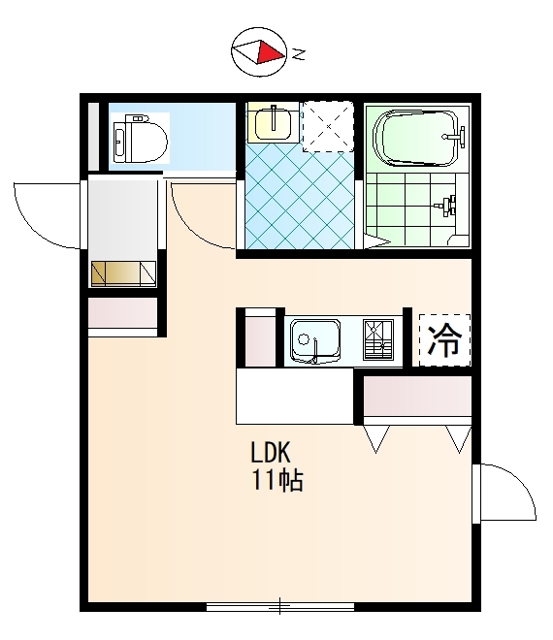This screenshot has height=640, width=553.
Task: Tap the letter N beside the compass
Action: pos(300,54)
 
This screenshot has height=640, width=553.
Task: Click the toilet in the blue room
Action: pos(140,140)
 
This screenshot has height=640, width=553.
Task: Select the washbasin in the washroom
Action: pos(273,121)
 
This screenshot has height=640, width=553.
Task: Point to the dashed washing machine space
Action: pos(328,126)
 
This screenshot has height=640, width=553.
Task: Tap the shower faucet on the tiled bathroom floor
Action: pos(446,204)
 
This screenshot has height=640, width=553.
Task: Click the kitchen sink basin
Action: pos(315,340)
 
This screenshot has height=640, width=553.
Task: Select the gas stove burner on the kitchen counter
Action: pos(378,339)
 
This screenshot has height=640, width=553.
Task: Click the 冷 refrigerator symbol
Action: pos(444,339)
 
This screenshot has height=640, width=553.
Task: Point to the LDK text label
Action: pos(271,452)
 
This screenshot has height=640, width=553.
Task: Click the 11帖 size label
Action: pos(277,480)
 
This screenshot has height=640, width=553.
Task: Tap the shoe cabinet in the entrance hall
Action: pos(123,273)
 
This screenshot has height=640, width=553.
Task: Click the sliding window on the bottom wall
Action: pos(279,606)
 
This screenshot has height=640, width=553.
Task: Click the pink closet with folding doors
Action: pos(417,396)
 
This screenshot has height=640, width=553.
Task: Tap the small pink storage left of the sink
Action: pos(261,341)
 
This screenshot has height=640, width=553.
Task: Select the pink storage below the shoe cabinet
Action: pos(123,312)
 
